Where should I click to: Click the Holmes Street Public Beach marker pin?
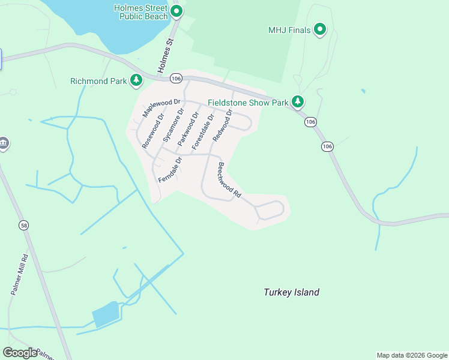176,11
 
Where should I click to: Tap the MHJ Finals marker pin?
320,29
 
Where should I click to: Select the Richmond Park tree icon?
137,80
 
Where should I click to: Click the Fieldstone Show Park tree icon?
297,102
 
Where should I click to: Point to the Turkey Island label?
291,292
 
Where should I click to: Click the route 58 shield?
23,226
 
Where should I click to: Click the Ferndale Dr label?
170,170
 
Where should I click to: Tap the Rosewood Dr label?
153,130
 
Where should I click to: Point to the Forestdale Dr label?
203,131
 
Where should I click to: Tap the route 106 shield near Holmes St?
175,79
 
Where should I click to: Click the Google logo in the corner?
20,352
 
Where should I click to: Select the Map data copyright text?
412,355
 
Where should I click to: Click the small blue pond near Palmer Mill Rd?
106,314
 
